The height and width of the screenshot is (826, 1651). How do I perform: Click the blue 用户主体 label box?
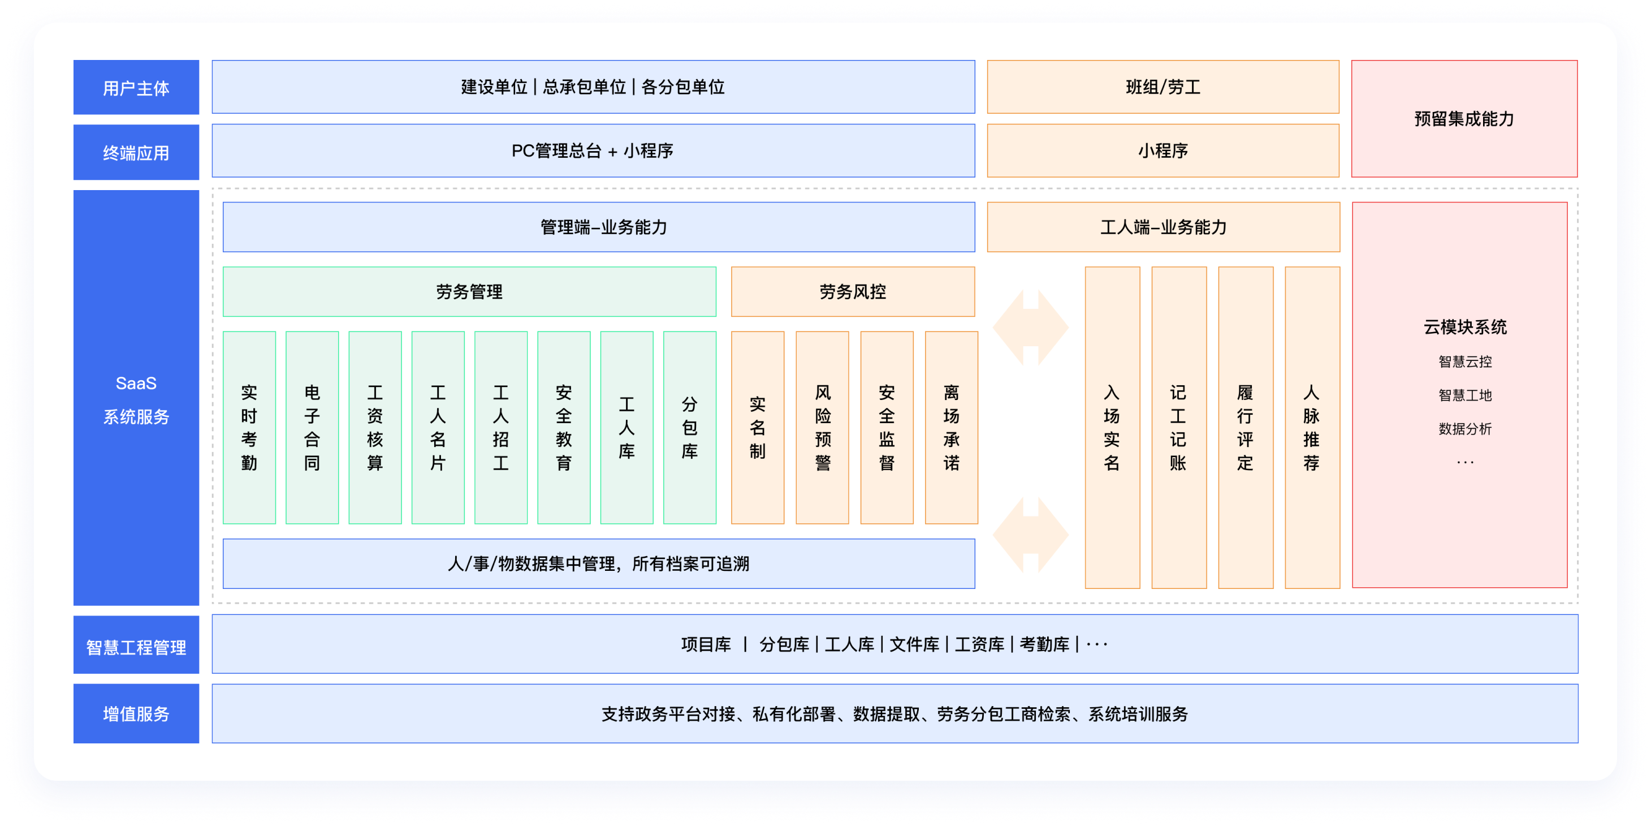[136, 87]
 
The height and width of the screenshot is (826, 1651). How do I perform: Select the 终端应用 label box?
[136, 153]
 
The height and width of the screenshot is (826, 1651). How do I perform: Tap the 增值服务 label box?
[136, 713]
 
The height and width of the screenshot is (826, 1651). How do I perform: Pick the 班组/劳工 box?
[1162, 87]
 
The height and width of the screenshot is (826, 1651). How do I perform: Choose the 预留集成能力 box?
[1464, 119]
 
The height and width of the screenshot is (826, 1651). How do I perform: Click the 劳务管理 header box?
[469, 292]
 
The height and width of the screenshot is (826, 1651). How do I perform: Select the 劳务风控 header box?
[853, 292]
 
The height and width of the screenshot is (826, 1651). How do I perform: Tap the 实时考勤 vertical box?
[249, 427]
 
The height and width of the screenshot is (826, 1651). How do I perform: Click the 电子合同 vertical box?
[312, 427]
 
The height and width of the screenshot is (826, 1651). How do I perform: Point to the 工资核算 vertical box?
[375, 427]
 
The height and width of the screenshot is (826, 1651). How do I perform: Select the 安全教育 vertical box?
[563, 427]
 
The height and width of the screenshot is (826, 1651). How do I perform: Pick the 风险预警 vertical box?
[822, 427]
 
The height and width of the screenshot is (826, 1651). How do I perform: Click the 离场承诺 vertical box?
[951, 427]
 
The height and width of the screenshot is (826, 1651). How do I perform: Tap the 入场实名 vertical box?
[1112, 427]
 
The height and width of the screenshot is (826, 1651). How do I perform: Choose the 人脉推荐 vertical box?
[1312, 427]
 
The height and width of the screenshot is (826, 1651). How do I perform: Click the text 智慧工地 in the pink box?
[1464, 395]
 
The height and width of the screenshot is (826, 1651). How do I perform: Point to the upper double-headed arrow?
[1031, 327]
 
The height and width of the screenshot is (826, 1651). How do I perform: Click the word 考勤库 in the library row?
[1044, 644]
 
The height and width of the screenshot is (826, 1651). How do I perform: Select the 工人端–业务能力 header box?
[1162, 227]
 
